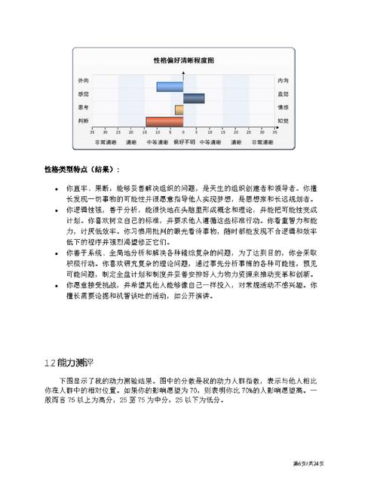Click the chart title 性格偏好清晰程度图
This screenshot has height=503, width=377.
[183, 59]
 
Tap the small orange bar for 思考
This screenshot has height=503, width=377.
[179, 110]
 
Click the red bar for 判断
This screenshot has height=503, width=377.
[164, 121]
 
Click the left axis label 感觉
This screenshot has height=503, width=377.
[83, 94]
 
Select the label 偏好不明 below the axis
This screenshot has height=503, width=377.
[183, 141]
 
